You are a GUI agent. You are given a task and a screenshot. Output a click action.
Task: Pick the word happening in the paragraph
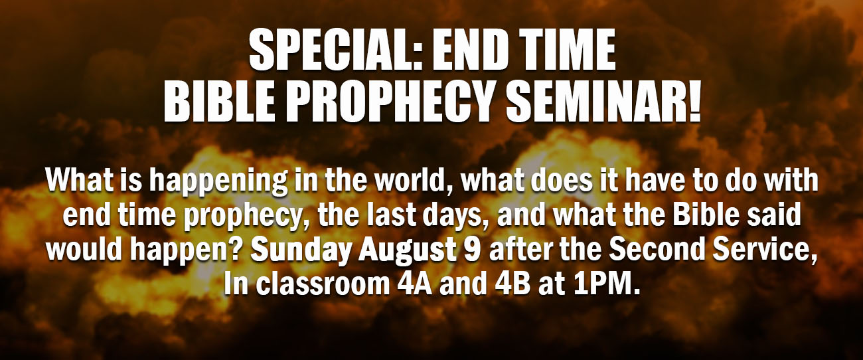coord(218,182)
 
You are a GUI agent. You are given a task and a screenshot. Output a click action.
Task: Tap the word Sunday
coord(301,250)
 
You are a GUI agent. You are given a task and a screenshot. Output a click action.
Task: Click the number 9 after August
coord(473,249)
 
